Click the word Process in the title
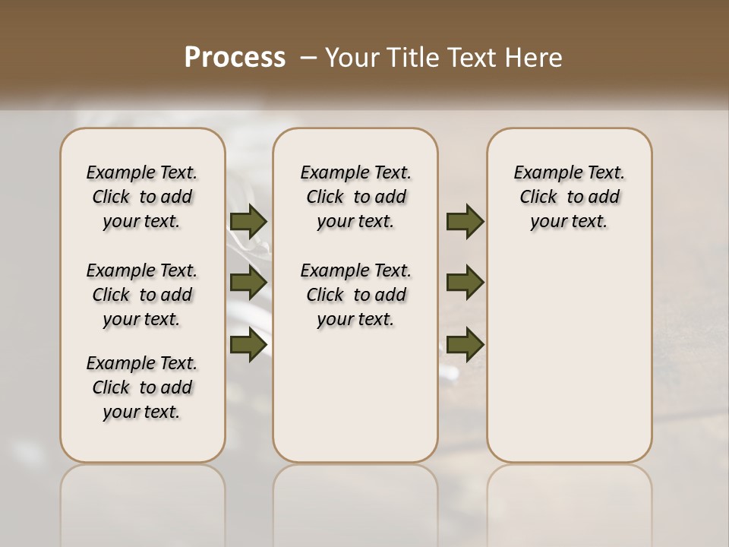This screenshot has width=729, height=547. (x=235, y=58)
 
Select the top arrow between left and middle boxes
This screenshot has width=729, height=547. (x=248, y=222)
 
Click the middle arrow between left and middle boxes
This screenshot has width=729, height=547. (x=248, y=283)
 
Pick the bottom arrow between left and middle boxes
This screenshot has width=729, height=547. (x=248, y=344)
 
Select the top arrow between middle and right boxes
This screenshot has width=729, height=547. (x=465, y=222)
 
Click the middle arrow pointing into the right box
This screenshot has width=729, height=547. (x=465, y=283)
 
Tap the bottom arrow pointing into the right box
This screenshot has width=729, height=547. (x=465, y=344)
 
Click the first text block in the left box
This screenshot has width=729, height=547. (x=142, y=197)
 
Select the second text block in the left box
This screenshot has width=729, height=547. (x=142, y=295)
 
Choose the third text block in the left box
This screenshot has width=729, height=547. (x=142, y=387)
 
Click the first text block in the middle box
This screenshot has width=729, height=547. (x=355, y=197)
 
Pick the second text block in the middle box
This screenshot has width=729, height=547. (x=355, y=295)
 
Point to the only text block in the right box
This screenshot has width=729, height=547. (x=569, y=197)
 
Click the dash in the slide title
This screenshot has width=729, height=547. (x=308, y=58)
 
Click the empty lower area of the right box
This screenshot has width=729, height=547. (x=569, y=357)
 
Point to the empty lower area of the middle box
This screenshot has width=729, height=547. (x=355, y=395)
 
